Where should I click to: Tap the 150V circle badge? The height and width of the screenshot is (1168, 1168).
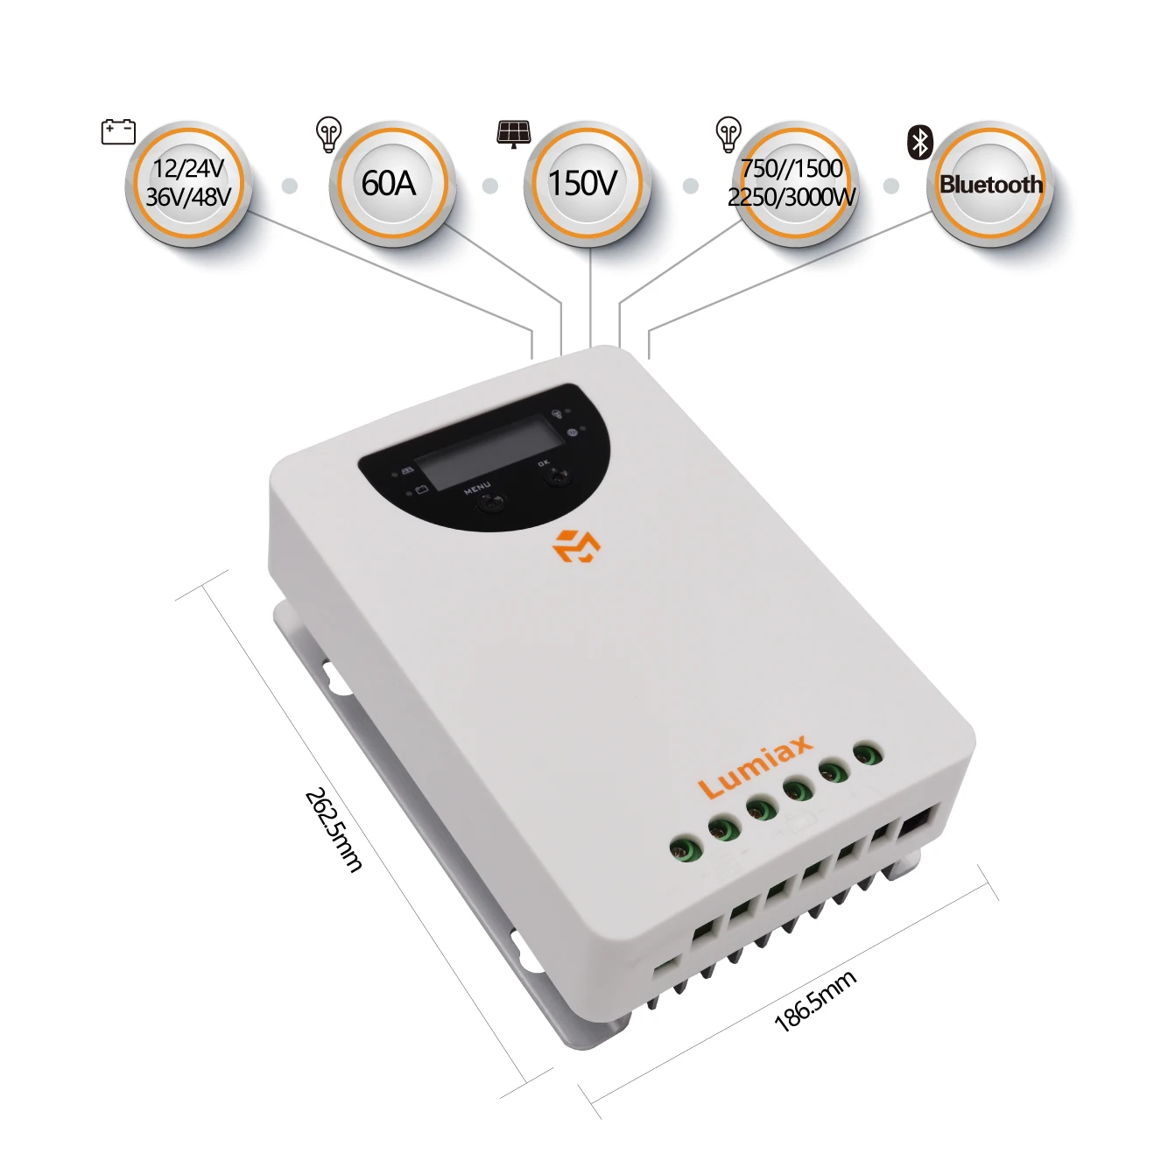point(587,184)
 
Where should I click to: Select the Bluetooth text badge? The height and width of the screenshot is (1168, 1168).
point(989,184)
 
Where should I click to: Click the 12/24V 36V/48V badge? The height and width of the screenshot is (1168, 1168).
point(188,184)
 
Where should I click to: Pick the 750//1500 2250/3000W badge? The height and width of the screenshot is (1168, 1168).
point(791,184)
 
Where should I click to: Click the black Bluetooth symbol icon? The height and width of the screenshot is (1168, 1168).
point(920,143)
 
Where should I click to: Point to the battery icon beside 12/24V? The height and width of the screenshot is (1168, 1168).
point(118,131)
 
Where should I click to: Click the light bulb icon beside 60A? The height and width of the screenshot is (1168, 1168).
point(329,135)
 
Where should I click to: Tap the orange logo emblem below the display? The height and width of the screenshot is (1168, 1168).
point(576,545)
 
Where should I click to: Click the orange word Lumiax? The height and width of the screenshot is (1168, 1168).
point(756,766)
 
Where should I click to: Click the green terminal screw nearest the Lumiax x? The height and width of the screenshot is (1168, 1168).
point(833,772)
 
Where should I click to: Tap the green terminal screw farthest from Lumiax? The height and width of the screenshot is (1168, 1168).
point(686,848)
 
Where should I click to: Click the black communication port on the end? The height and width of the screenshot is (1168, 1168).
point(915,826)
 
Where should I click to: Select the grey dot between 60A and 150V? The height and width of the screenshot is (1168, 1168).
point(489,186)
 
